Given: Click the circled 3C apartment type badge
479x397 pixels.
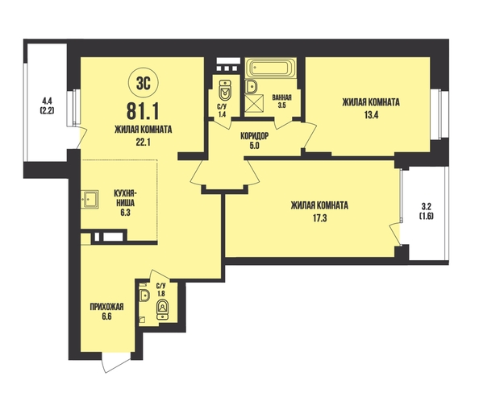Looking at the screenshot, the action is (x=144, y=82).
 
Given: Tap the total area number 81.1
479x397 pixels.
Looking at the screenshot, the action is (x=143, y=111).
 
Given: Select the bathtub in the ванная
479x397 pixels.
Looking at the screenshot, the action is (x=271, y=68).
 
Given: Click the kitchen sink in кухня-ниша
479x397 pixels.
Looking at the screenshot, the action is (x=90, y=200).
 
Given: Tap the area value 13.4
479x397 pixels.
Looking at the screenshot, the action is (x=371, y=115).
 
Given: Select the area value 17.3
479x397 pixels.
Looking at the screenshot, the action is (x=319, y=218).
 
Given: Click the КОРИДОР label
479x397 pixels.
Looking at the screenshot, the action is (x=255, y=136).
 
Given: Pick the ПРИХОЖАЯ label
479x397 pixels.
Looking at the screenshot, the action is (x=106, y=306).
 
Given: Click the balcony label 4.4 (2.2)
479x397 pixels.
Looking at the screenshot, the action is (x=48, y=105).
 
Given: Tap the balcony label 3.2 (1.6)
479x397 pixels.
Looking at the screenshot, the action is (x=427, y=211).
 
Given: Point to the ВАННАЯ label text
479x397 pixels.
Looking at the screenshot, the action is (x=281, y=97).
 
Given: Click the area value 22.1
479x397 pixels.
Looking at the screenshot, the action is (x=143, y=143).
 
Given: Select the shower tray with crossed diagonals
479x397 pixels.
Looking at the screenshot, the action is (x=253, y=103).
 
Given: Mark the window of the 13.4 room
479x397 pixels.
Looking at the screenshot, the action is (x=440, y=114).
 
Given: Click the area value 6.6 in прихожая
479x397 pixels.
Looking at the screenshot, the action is (x=106, y=316).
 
